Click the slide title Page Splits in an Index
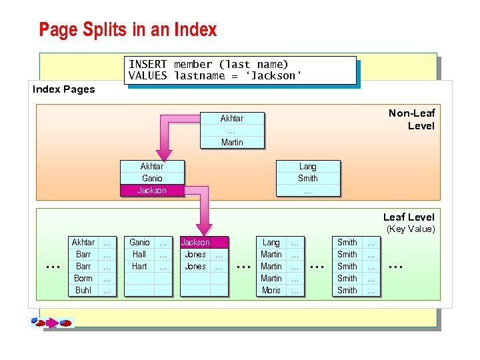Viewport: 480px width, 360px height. (128, 30)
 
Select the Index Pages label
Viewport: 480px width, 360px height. (64, 89)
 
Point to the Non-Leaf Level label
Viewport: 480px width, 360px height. (411, 119)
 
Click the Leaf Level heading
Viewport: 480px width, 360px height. (408, 217)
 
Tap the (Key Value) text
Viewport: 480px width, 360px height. (411, 229)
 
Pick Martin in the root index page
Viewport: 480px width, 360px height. (232, 142)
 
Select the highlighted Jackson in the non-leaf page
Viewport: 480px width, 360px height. (152, 190)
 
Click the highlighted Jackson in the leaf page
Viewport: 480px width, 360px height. (195, 243)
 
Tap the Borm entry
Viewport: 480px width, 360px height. (83, 278)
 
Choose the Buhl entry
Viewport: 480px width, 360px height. (83, 290)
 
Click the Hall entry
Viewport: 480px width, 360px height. (139, 254)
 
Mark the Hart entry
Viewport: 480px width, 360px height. (139, 266)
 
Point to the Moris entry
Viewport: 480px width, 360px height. (271, 290)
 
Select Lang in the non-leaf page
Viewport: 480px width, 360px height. (308, 166)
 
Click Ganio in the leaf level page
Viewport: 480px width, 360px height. (139, 242)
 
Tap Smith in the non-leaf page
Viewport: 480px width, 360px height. (308, 178)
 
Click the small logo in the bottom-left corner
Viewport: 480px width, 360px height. (51, 323)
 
